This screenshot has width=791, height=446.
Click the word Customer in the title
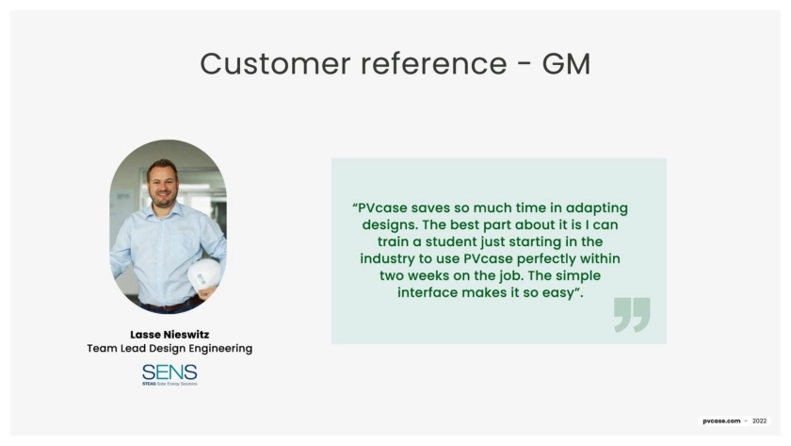(275, 63)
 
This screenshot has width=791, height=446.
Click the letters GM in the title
(566, 63)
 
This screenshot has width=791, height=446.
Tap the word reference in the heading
(434, 63)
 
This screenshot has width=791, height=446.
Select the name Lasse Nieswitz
(169, 335)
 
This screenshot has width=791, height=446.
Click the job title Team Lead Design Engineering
(169, 349)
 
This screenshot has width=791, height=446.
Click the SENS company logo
(169, 374)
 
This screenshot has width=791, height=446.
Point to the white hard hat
(204, 275)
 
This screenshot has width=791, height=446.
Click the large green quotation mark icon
(632, 315)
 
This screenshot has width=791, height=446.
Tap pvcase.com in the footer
(721, 421)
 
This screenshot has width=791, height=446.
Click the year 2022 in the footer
(759, 421)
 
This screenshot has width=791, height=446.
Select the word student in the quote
(451, 242)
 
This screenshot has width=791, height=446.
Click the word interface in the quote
(428, 292)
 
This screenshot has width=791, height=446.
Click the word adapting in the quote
(597, 208)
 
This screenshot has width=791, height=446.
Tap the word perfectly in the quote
(546, 259)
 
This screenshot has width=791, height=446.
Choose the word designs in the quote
(390, 225)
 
